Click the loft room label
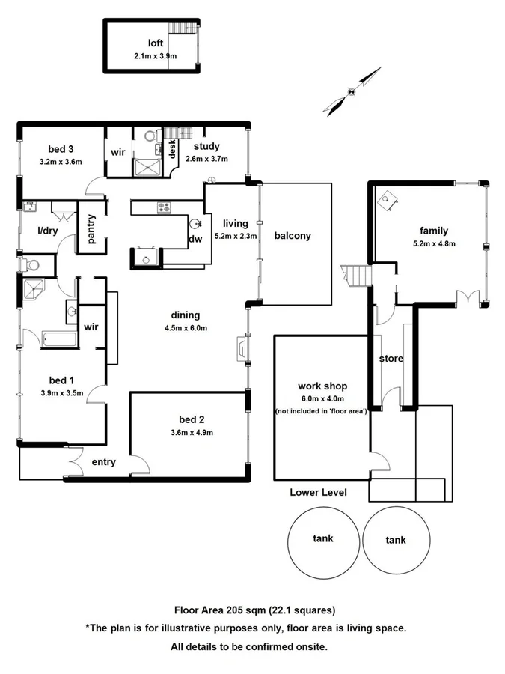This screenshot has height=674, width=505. [155, 43]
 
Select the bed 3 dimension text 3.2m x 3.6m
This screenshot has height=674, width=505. [61, 161]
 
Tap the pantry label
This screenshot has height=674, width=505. [92, 228]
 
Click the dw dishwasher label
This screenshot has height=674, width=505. [195, 240]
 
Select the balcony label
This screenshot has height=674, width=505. [293, 235]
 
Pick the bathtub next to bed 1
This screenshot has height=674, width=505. [58, 339]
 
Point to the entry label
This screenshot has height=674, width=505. [103, 462]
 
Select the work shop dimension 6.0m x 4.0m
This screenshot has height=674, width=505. [321, 398]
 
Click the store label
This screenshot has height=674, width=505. [391, 359]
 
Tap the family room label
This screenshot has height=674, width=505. [434, 231]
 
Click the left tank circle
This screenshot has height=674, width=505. [323, 538]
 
